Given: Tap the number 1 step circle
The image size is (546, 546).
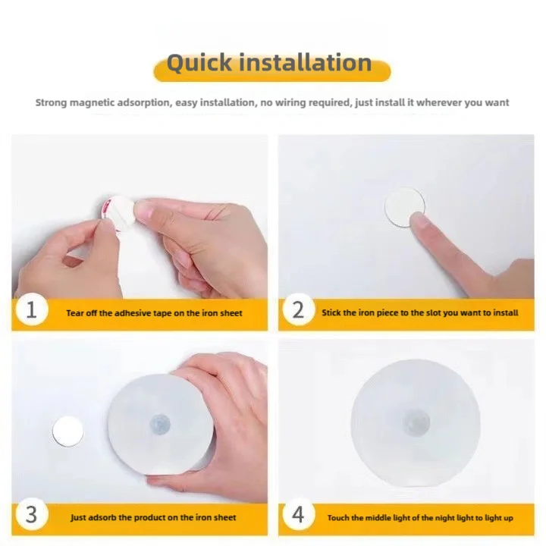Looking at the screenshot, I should (x=31, y=311).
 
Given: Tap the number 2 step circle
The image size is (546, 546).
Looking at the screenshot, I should (x=298, y=311).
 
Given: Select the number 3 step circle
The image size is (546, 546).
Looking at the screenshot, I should (x=31, y=515).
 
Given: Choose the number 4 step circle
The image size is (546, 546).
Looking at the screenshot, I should (x=298, y=515).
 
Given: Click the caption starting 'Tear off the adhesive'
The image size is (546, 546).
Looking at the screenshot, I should (x=154, y=312).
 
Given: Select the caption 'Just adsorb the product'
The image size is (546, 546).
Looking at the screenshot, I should (x=153, y=517).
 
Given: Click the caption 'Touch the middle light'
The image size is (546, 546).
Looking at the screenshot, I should (x=420, y=517).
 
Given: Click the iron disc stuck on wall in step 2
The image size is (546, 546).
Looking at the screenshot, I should (x=403, y=206).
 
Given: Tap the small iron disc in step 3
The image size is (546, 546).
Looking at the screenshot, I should (x=67, y=431).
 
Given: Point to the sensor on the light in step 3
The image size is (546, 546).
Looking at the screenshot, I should (x=160, y=422).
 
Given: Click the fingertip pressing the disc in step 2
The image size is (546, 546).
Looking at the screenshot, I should (x=419, y=222).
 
